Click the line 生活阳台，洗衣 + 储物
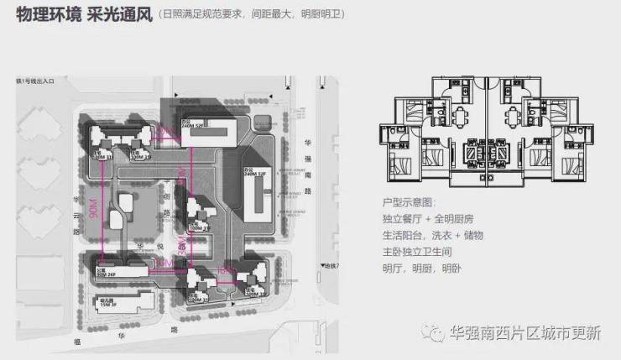432,236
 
